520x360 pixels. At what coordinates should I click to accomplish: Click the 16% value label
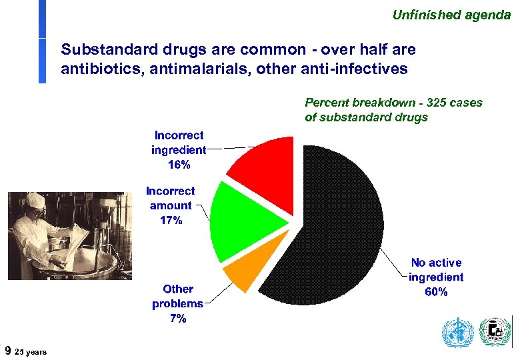tap(179, 165)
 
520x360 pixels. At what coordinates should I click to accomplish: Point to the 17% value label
tap(171, 220)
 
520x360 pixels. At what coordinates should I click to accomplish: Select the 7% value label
tap(178, 319)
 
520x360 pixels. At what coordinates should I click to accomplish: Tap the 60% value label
tap(436, 292)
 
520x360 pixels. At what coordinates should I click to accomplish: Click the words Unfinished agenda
tap(451, 14)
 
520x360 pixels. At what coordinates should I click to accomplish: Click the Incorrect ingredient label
tap(179, 143)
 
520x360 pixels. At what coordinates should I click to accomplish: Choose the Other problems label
tap(178, 296)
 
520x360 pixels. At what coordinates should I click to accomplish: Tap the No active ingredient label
tap(436, 270)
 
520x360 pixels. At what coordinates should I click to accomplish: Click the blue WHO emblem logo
tap(457, 333)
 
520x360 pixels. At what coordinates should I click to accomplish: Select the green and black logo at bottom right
tap(495, 332)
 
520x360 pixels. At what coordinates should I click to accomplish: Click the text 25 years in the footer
tap(31, 351)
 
